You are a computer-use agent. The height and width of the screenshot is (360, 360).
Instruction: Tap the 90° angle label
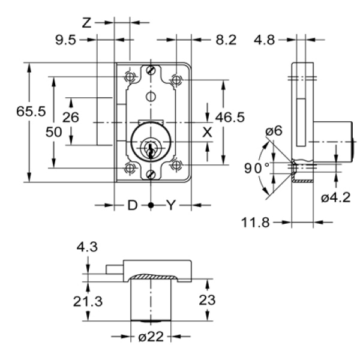pos(257,168)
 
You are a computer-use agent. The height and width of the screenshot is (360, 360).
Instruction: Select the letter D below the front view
pos(132,206)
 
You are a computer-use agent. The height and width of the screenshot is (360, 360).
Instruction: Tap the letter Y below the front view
pos(171,206)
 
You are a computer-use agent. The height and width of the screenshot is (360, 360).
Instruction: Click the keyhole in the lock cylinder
pos(151,147)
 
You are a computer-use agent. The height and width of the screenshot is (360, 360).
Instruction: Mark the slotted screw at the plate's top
pos(151,71)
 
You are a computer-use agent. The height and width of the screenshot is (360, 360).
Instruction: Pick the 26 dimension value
pos(71,117)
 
